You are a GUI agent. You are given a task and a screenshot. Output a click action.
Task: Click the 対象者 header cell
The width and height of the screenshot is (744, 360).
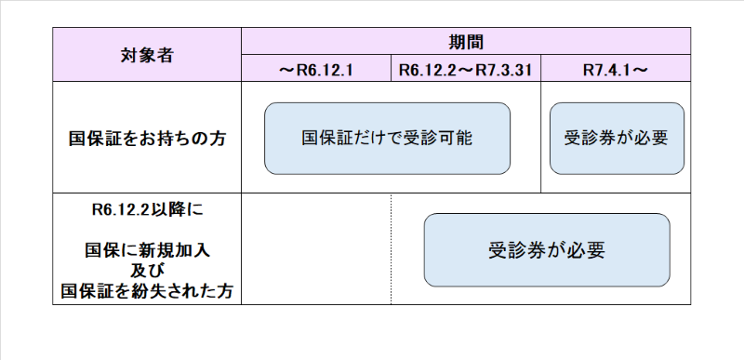point(147,54)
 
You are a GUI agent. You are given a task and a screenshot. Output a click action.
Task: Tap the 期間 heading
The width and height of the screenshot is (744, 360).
point(466,41)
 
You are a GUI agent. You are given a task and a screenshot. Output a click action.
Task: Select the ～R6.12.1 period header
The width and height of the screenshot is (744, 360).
point(316,69)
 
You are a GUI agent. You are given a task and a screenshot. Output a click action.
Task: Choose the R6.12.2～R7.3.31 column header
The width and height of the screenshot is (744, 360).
point(466,69)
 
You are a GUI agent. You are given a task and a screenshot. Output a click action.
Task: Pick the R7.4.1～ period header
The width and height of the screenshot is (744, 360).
point(616,69)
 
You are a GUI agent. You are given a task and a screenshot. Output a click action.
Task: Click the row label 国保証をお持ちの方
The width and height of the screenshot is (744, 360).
point(147,139)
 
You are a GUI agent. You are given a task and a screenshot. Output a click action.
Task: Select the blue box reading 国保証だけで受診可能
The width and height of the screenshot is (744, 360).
point(387,139)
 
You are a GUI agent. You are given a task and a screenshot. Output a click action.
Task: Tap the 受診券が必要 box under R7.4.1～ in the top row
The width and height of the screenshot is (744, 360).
point(616,139)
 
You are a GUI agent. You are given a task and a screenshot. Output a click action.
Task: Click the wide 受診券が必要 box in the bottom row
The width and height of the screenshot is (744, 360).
point(546,250)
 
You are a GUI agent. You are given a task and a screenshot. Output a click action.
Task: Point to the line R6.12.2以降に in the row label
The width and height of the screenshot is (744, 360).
point(147,210)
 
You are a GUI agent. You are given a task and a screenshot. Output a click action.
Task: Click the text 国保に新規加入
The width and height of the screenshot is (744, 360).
point(147,250)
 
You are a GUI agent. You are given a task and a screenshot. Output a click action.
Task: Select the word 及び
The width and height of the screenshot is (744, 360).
point(147,271)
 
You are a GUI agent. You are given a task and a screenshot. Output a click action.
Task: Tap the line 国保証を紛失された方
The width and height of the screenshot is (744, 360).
point(147,291)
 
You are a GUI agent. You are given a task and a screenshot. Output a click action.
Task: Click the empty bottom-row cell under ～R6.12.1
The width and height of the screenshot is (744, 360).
point(316,249)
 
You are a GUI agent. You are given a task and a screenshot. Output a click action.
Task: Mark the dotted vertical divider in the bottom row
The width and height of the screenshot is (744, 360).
point(392,249)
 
